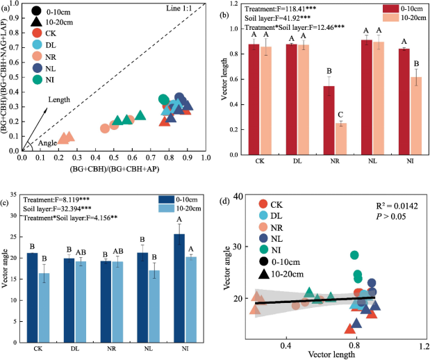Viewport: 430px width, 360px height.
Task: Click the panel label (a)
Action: pos(8,6)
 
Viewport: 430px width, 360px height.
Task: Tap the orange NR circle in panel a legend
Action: pos(36,54)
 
